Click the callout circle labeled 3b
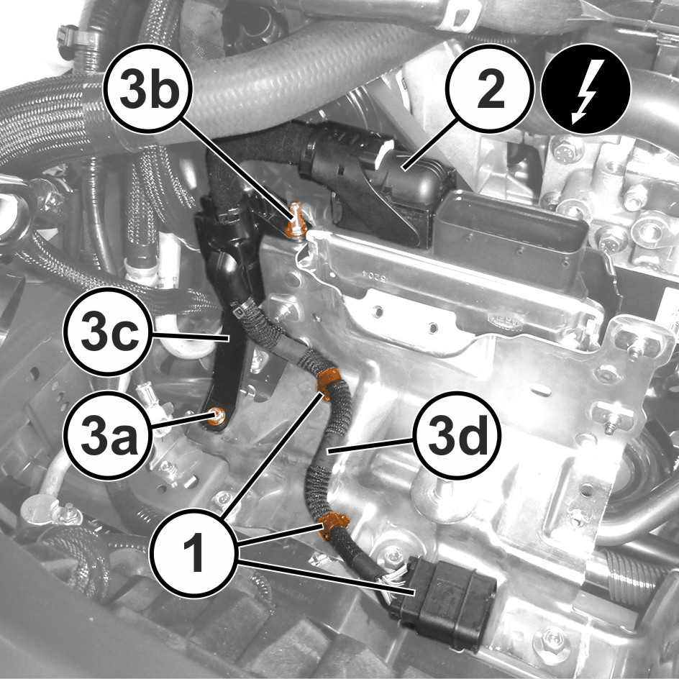[147, 88]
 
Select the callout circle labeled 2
[490, 88]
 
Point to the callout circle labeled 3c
[109, 332]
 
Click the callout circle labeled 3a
[109, 434]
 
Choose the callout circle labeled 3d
[456, 434]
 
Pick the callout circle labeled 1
[193, 553]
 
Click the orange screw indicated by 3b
[296, 219]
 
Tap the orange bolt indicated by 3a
[216, 416]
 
